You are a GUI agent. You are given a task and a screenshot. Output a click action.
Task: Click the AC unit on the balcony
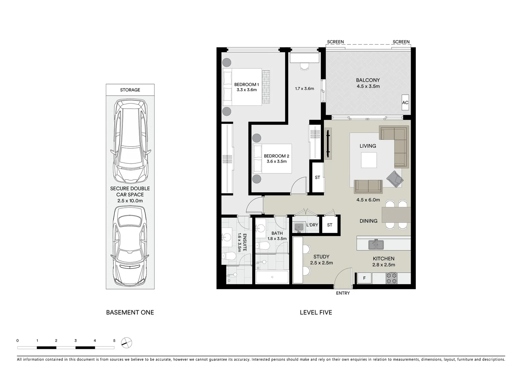(405, 102)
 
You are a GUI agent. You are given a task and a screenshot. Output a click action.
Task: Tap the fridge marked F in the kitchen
(364, 278)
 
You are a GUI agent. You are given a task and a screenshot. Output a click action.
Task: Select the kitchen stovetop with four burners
(391, 278)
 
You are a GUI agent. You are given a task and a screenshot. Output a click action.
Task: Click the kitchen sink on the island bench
(376, 245)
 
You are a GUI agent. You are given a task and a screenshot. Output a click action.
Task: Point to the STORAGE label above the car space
(130, 90)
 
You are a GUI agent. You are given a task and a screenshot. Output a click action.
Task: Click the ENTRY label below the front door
(343, 293)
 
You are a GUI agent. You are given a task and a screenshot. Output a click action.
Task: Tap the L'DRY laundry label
(312, 225)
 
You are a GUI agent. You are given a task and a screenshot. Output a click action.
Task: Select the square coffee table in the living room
(369, 160)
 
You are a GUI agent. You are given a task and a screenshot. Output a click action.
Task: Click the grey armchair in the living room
(395, 178)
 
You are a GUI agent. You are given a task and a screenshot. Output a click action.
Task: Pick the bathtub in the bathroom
(272, 277)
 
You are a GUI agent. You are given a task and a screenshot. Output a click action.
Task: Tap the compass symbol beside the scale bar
(127, 342)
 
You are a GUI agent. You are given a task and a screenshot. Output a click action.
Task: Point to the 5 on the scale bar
(114, 341)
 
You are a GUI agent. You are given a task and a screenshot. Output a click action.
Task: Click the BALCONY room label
(368, 80)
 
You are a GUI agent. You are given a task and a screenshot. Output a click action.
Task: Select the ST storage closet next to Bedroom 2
(318, 177)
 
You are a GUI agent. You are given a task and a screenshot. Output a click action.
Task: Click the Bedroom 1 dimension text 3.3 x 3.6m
(246, 90)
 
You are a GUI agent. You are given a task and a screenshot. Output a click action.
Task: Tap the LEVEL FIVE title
(316, 312)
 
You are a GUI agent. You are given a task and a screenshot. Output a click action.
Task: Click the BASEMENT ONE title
(130, 312)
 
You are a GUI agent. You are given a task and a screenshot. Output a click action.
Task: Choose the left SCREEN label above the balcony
(335, 42)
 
